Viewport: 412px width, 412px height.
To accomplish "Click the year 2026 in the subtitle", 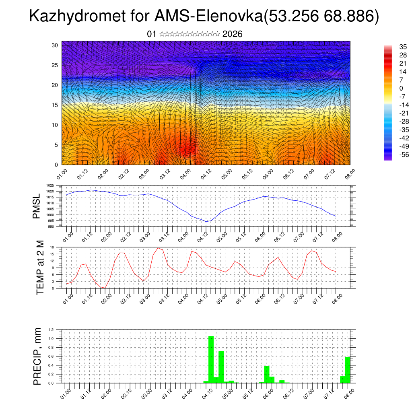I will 232,34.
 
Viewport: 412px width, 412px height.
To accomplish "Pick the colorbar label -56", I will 403,154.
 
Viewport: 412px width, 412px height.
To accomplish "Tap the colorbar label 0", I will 401,88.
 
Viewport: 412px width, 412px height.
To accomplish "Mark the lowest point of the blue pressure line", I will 206,222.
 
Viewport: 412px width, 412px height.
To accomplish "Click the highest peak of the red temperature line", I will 159,248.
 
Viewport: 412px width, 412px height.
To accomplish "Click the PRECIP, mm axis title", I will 37,356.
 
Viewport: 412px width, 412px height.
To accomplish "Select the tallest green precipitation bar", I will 211,359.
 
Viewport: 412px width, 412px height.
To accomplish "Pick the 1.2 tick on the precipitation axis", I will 51,330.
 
